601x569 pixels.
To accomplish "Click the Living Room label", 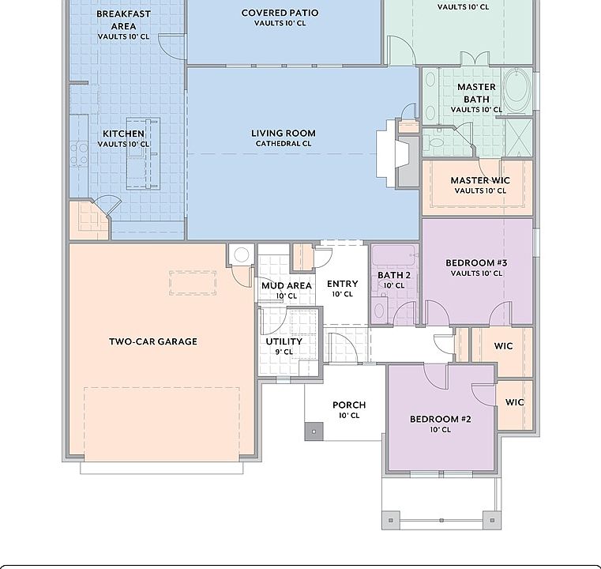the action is [x=284, y=134].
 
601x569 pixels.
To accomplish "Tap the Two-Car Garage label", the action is [x=153, y=341].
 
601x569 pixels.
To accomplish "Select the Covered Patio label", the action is [x=280, y=13].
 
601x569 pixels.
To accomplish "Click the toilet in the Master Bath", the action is [x=435, y=141].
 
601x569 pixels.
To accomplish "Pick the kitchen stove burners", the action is [x=79, y=154].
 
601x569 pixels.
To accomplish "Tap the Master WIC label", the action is [x=480, y=180].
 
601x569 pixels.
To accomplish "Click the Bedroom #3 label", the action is [x=476, y=263].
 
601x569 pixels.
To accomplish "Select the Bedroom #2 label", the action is [x=441, y=419].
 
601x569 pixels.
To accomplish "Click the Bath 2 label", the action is [x=394, y=275].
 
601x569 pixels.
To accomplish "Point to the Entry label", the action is [x=342, y=284].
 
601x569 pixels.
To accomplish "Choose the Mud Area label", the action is [x=287, y=285].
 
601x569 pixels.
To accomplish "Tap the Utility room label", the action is [x=284, y=341].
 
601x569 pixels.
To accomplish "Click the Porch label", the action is [x=349, y=405].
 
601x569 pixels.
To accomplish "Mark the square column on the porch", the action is [x=314, y=431].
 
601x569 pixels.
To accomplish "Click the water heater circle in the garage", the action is [x=242, y=254].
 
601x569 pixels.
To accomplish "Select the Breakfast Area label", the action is [x=123, y=20].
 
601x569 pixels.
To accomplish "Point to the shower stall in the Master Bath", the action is [x=519, y=138].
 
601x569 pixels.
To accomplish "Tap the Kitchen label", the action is [x=123, y=134].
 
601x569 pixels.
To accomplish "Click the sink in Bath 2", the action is [x=379, y=311].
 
